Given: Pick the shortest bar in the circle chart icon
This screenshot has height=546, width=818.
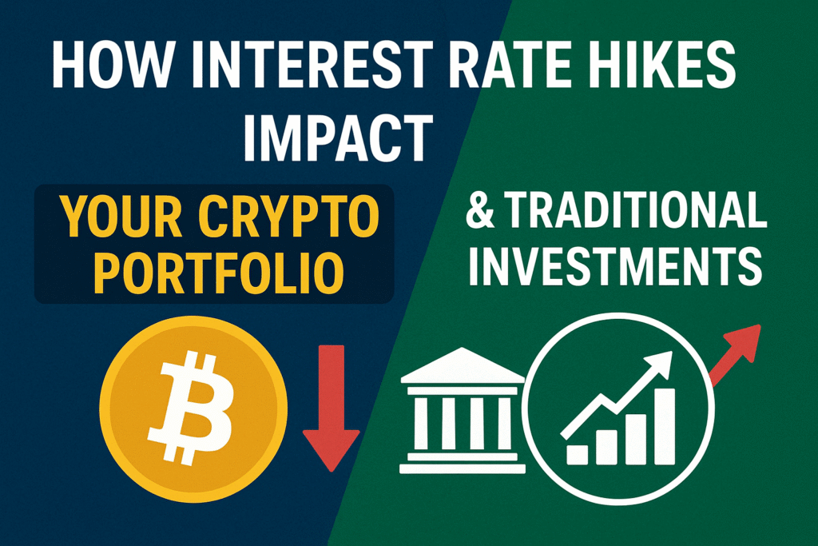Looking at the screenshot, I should click(x=578, y=453).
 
